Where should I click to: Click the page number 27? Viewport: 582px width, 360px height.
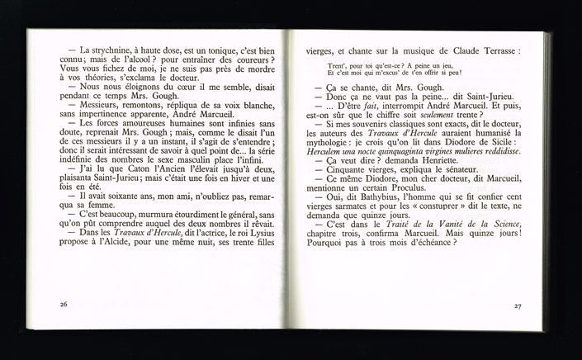click(518, 306)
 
